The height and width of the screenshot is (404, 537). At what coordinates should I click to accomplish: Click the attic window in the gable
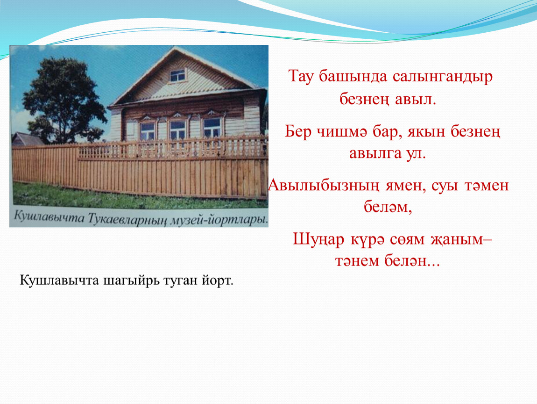point(178,75)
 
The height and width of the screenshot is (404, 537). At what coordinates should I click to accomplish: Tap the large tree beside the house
point(65,100)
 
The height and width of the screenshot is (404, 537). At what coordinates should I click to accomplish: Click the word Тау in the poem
point(301,77)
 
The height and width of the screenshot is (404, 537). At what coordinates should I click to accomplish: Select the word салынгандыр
point(443,77)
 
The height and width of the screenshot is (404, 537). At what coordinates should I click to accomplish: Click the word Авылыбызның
point(324,186)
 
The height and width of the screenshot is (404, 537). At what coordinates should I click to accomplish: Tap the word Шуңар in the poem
point(318,240)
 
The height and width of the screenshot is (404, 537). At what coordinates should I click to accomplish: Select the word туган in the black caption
point(181,281)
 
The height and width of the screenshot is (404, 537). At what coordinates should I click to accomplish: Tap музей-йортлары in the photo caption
point(219,219)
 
